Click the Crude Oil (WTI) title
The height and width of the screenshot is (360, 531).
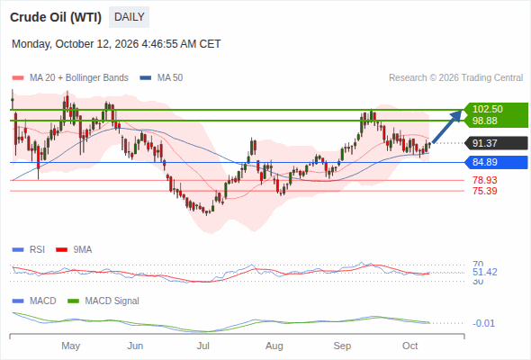[x=56, y=17]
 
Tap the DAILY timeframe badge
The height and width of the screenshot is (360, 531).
[x=129, y=17]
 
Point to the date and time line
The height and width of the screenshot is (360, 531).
[x=116, y=44]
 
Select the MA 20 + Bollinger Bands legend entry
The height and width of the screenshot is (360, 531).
[x=70, y=78]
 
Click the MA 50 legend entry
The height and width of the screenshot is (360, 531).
[x=161, y=78]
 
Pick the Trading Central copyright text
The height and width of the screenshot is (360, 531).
[x=455, y=78]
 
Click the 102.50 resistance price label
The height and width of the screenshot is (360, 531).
[x=488, y=109]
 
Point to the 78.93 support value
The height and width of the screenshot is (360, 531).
[x=485, y=180]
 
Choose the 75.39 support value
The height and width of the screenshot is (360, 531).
[x=485, y=191]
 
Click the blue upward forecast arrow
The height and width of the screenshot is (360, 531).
[x=447, y=126]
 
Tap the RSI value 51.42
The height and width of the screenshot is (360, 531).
[x=485, y=272]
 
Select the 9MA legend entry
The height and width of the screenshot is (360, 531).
[x=74, y=250]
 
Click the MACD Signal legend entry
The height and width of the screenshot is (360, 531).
[x=103, y=301]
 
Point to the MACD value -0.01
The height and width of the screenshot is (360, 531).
[x=483, y=323]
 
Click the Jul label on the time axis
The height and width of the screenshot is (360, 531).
[x=203, y=346]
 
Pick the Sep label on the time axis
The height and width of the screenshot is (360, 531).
[x=342, y=346]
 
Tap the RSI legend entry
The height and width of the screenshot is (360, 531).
[x=29, y=250]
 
